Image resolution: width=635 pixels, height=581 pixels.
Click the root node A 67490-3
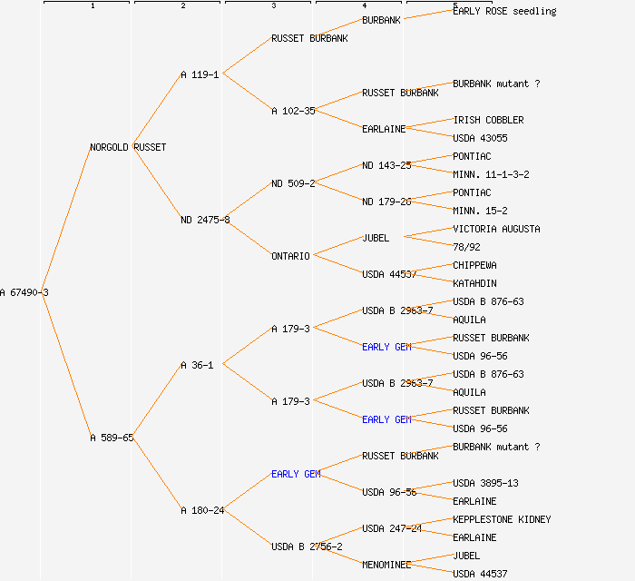(24, 292)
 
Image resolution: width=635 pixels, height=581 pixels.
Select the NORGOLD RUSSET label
(128, 147)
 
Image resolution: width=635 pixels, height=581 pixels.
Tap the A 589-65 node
(112, 438)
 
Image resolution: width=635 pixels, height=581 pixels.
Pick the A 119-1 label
(200, 74)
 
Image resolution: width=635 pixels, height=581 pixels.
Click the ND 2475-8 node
(205, 220)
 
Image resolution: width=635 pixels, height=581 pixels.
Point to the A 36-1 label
(197, 365)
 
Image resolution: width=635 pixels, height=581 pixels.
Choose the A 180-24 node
(202, 510)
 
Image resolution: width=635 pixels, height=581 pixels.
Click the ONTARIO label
(290, 256)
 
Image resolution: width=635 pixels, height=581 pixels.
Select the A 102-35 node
(293, 111)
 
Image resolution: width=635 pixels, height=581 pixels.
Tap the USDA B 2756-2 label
(307, 547)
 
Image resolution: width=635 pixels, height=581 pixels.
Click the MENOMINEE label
(386, 565)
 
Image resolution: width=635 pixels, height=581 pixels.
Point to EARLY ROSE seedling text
(504, 11)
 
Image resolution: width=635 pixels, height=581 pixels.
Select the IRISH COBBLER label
(488, 120)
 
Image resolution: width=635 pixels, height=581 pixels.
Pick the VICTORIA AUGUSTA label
(496, 229)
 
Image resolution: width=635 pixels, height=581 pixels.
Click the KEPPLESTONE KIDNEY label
(502, 519)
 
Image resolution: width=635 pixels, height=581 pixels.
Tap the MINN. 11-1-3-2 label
(491, 174)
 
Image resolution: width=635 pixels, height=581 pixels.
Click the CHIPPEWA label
(474, 265)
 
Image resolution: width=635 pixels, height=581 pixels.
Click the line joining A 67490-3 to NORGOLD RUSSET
(69, 220)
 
